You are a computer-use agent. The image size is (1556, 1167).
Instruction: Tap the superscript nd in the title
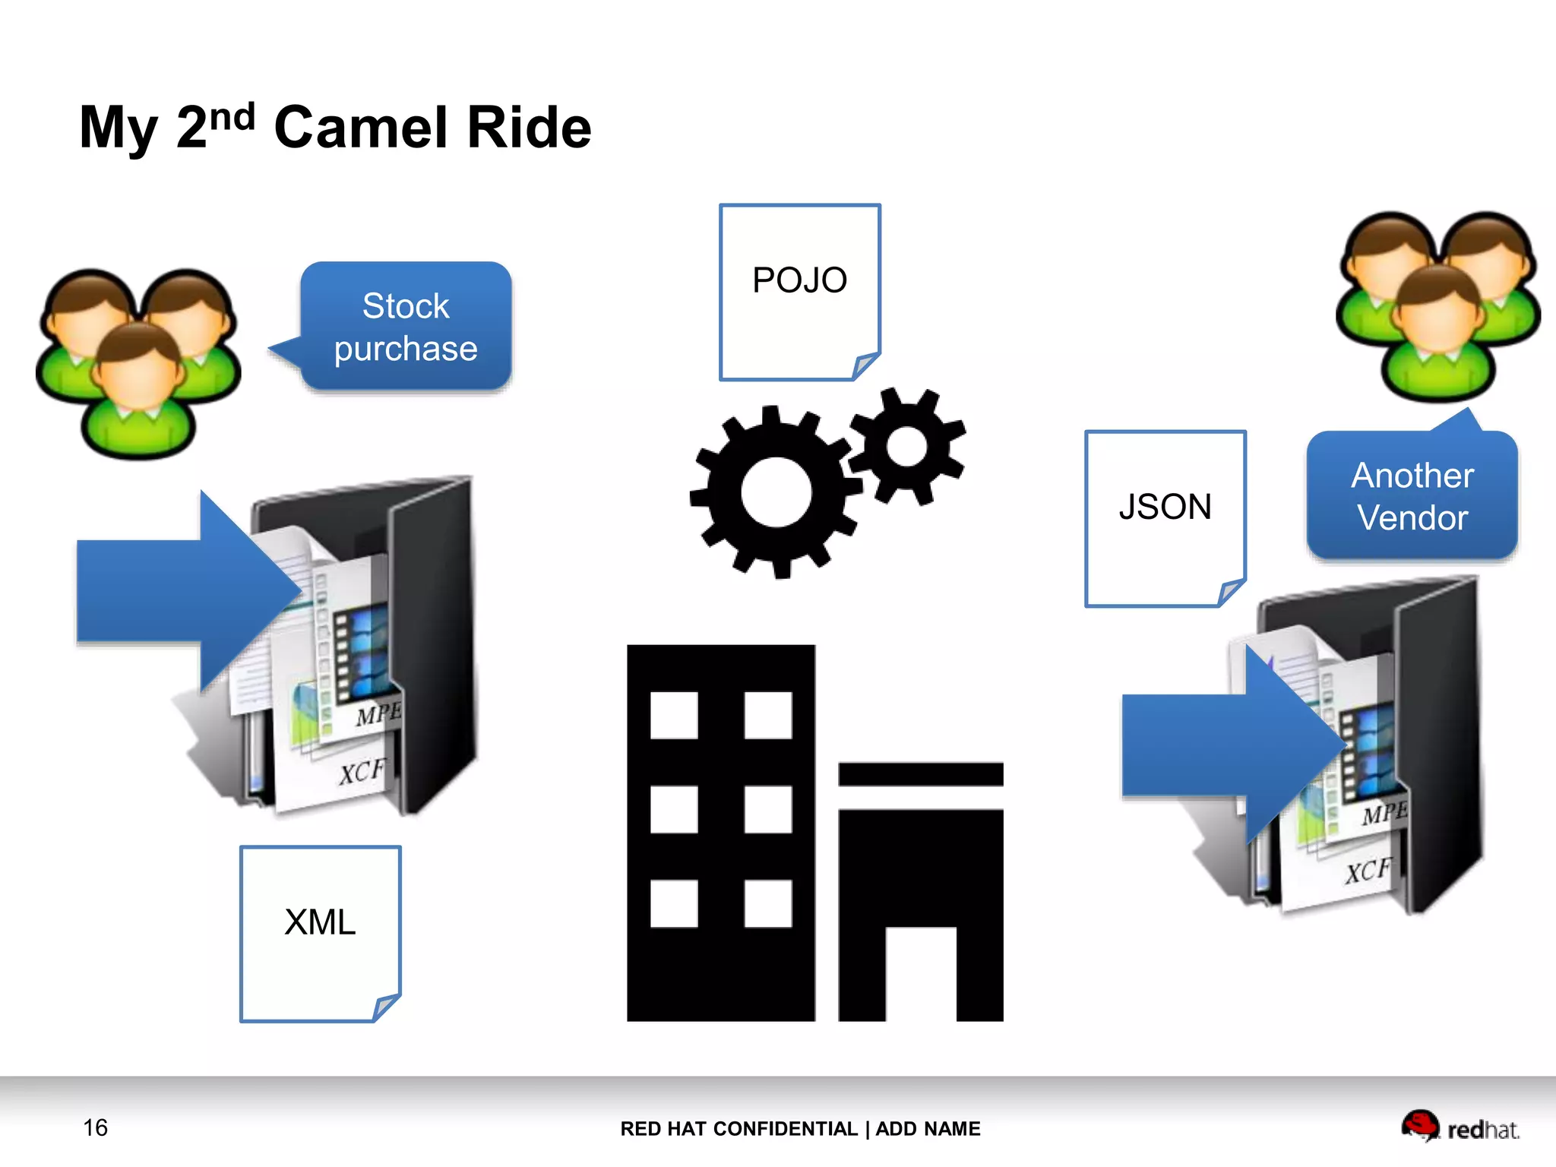(x=232, y=118)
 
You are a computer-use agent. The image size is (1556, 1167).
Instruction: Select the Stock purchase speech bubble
(x=406, y=327)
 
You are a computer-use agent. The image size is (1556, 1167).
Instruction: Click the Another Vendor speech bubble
(x=1412, y=496)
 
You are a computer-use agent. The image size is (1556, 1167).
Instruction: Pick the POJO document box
(x=799, y=292)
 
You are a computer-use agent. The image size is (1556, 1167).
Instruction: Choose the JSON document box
(x=1165, y=518)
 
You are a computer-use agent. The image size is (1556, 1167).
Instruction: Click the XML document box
(x=320, y=933)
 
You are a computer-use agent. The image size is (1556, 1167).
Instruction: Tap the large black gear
(x=776, y=492)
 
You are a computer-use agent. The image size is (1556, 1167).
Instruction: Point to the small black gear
(x=906, y=446)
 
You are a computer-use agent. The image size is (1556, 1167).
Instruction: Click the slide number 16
(x=96, y=1127)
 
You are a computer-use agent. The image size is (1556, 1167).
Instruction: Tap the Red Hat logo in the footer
(x=1460, y=1127)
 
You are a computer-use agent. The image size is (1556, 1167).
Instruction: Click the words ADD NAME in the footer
(x=928, y=1129)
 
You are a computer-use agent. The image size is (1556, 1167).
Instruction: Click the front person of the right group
(x=1437, y=334)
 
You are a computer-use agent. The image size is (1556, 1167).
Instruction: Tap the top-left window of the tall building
(x=674, y=715)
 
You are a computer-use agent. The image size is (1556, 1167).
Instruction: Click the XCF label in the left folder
(x=362, y=772)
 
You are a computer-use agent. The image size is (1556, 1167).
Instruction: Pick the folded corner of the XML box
(x=386, y=1007)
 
